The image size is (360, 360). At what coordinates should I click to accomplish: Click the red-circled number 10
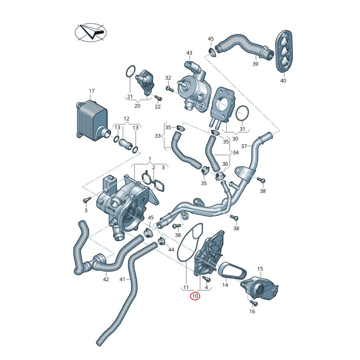(x=195, y=296)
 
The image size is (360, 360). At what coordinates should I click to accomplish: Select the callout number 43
(x=189, y=53)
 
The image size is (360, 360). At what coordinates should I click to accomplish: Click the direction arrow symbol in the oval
(x=92, y=32)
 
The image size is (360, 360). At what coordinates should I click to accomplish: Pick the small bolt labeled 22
(x=157, y=98)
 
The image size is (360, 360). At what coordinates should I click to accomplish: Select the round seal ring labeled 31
(x=242, y=114)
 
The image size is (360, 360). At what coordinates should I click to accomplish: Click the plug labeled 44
(x=162, y=241)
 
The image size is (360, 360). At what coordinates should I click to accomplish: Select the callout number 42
(x=106, y=280)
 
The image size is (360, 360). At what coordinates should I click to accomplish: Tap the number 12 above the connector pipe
(x=126, y=119)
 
